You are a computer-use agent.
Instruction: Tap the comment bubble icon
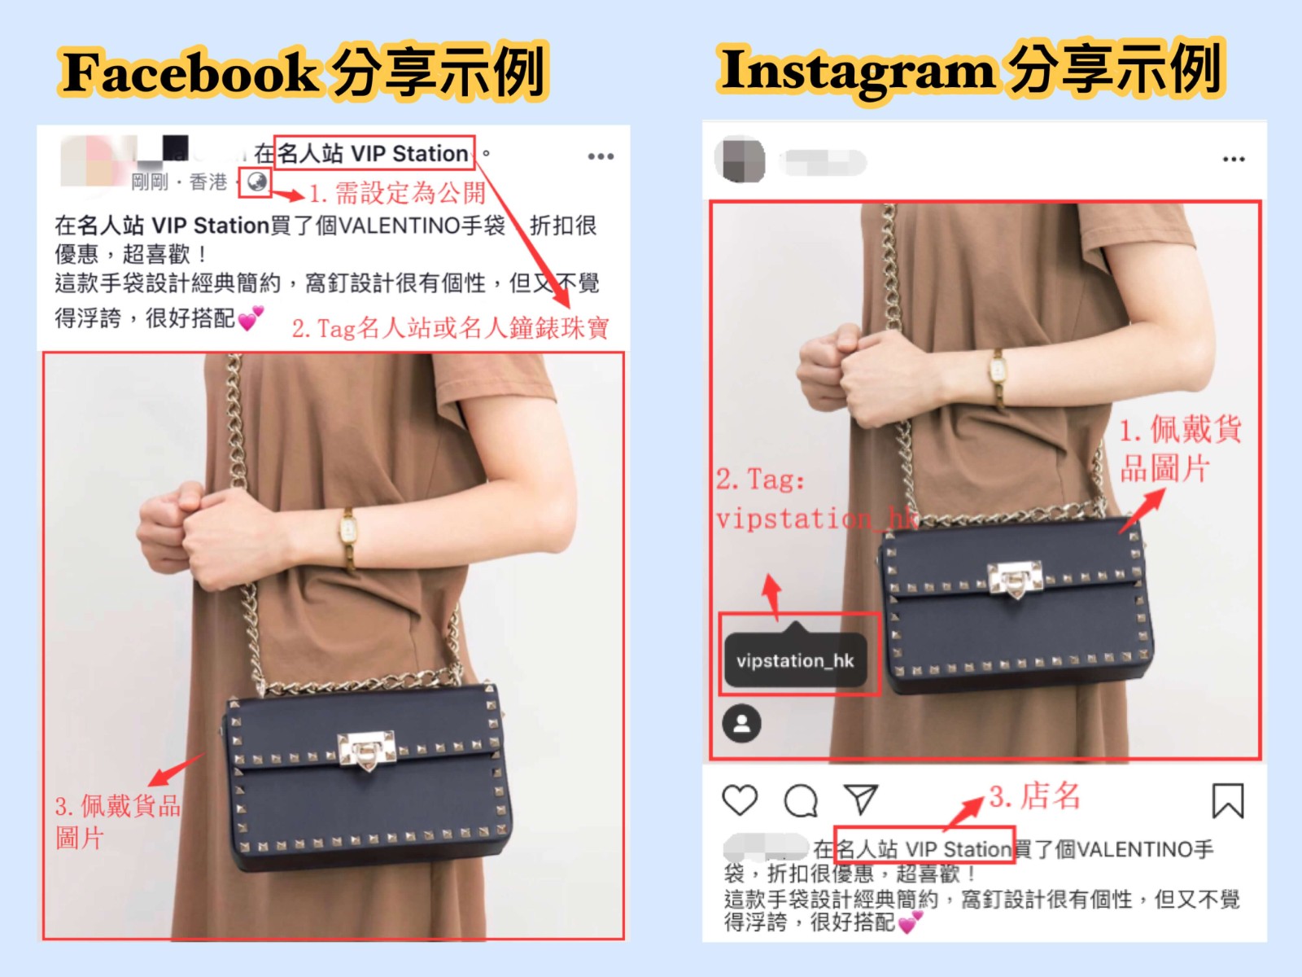click(801, 800)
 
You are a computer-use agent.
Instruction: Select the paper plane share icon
click(861, 799)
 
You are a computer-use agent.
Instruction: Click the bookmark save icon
click(1227, 801)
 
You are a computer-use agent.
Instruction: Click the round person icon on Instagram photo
click(741, 723)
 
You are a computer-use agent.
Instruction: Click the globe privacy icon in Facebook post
click(256, 182)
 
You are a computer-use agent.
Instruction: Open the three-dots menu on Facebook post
click(601, 156)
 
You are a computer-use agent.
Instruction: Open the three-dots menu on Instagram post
click(1234, 159)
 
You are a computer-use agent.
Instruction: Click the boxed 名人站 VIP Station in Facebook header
click(374, 154)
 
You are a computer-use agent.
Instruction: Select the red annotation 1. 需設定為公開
click(398, 193)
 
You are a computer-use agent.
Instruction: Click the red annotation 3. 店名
click(1034, 796)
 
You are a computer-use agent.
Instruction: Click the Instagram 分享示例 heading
click(971, 70)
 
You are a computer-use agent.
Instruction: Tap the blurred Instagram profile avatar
click(740, 160)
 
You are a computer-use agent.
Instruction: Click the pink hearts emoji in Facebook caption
click(251, 319)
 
